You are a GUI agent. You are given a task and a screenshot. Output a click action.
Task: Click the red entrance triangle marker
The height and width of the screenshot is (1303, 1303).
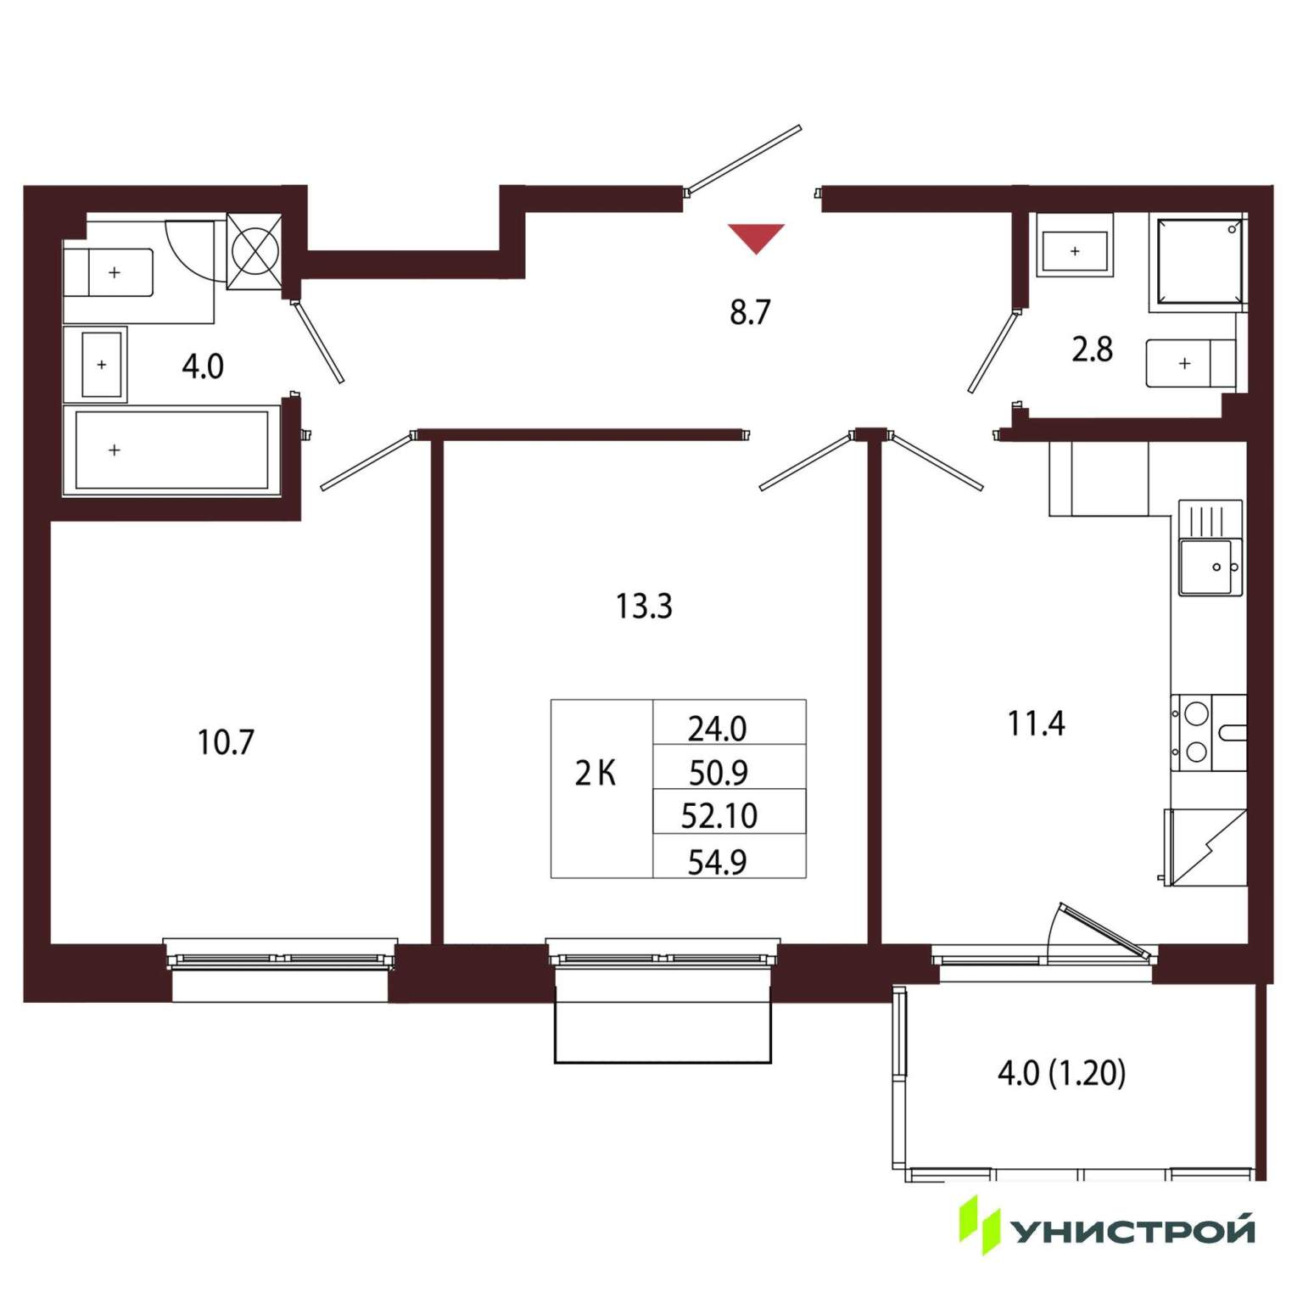point(756,237)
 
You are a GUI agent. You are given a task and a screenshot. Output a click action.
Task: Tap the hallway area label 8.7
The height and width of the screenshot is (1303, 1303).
point(750,312)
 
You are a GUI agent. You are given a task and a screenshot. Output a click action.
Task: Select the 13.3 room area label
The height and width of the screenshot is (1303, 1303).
point(644,607)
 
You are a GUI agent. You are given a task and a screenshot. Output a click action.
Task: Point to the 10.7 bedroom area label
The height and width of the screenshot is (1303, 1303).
point(226,742)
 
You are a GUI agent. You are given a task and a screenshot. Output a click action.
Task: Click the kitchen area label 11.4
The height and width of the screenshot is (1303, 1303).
point(1036,724)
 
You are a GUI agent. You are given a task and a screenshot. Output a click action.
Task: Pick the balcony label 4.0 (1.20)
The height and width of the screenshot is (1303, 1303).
point(1062,1073)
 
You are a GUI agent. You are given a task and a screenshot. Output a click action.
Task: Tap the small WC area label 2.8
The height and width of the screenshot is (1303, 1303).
point(1092,350)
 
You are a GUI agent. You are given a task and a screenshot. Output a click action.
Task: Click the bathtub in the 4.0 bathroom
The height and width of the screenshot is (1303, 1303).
point(172,450)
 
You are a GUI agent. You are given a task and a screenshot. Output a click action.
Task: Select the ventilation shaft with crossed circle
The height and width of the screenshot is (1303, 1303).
point(254,252)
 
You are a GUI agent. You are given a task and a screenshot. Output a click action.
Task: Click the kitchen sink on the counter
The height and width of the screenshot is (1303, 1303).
point(1211,567)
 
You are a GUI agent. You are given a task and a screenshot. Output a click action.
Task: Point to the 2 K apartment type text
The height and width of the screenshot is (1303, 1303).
point(596,774)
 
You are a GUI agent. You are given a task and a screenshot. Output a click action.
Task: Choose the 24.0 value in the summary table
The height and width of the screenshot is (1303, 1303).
point(718,728)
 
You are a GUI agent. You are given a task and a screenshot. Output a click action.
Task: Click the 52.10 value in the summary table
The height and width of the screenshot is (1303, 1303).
point(719,815)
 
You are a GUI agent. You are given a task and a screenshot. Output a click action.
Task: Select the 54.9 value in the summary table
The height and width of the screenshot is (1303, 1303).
point(718,862)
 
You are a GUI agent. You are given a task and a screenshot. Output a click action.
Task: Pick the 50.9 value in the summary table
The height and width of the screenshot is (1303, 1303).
point(719,772)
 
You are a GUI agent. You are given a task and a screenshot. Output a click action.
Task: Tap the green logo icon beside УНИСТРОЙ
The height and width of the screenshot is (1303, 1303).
point(980,1225)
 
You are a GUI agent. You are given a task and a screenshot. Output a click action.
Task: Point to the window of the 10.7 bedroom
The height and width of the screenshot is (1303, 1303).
point(280,955)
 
